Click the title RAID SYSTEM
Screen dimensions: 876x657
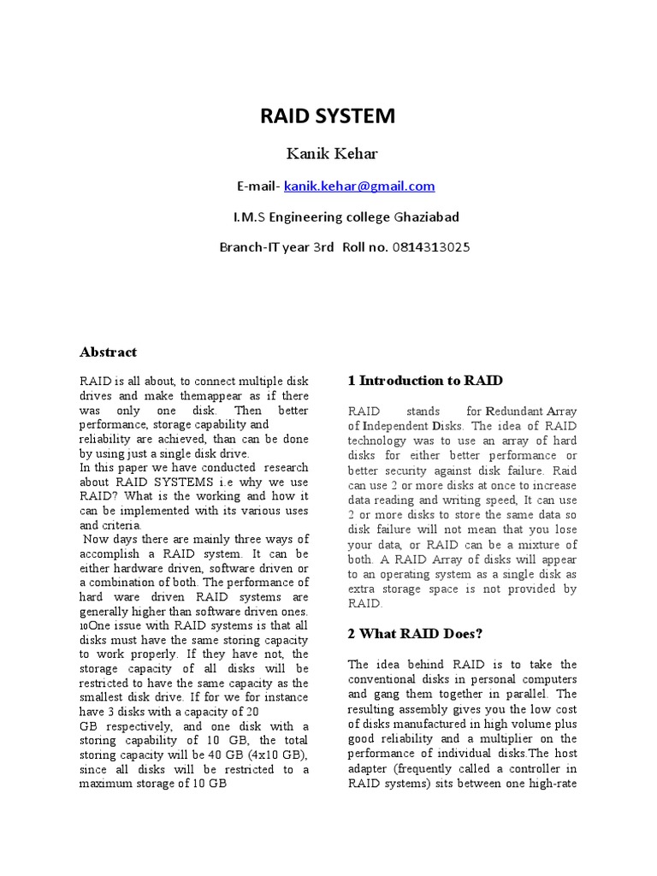[x=328, y=116]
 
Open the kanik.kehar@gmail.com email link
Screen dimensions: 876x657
[x=359, y=186]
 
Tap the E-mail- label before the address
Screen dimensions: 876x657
[x=258, y=186]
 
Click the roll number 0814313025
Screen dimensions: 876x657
[x=431, y=247]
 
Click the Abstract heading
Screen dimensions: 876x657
[x=108, y=352]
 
